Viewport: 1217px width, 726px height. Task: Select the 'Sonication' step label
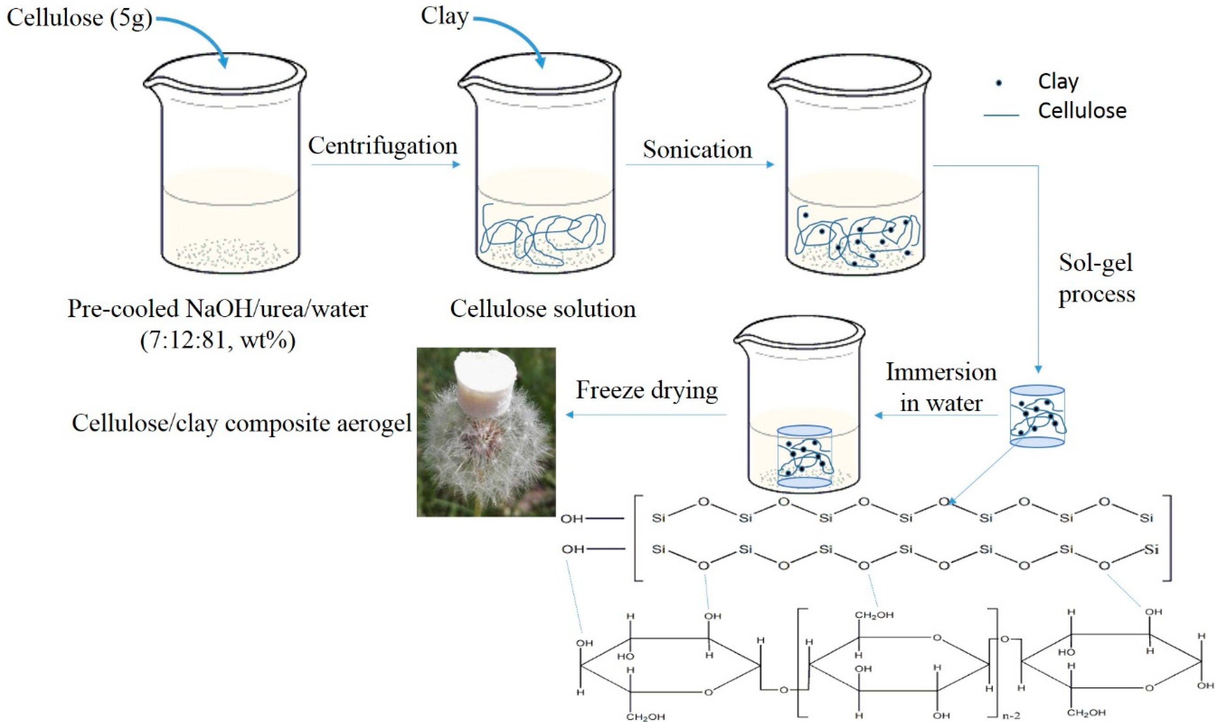point(697,150)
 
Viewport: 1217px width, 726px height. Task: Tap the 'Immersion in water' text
point(940,388)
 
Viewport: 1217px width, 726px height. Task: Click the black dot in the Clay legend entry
point(999,83)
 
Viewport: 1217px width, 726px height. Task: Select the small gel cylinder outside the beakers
point(1037,416)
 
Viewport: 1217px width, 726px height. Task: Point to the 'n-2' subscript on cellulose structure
point(1011,715)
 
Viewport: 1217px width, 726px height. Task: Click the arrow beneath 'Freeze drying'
point(646,415)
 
